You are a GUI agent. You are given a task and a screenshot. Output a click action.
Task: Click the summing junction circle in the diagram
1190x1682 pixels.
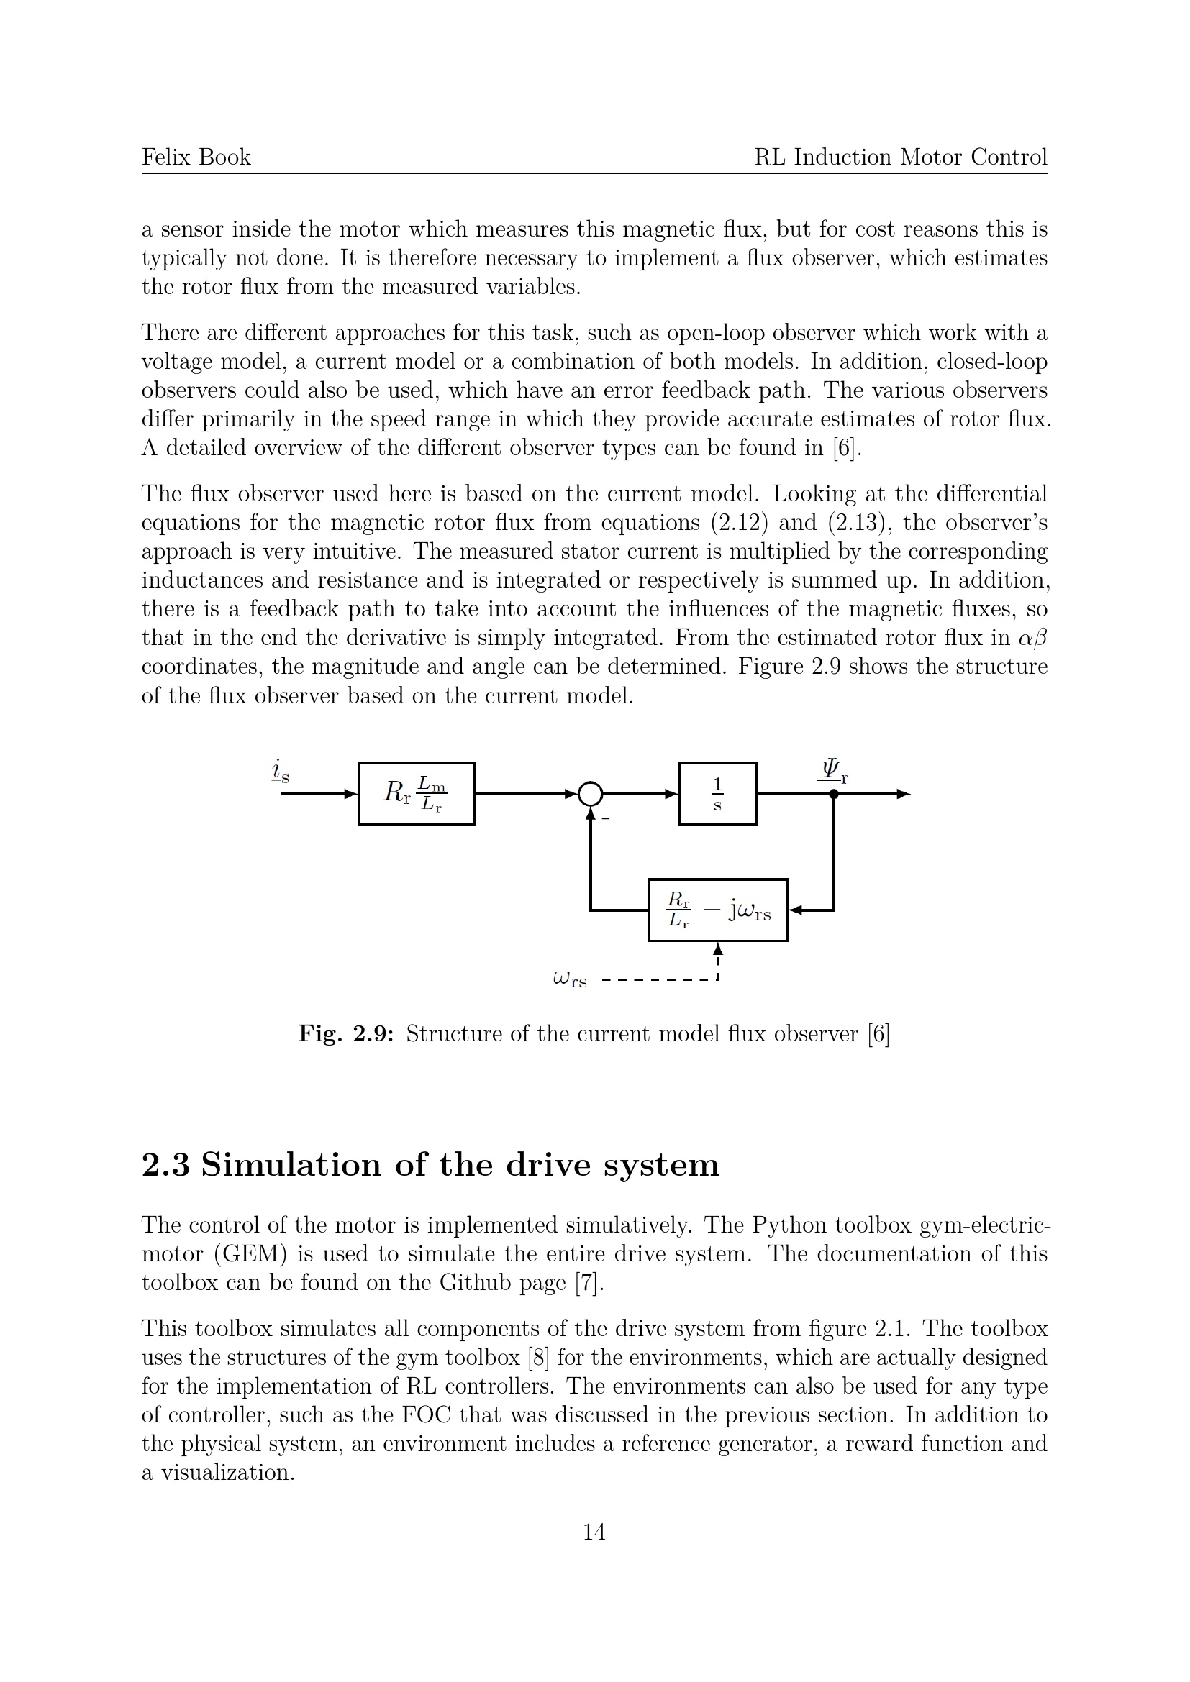[591, 793]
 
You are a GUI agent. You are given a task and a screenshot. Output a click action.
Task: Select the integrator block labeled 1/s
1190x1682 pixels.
[717, 794]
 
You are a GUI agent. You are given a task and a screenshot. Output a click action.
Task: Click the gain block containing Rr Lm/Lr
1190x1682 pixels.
[416, 794]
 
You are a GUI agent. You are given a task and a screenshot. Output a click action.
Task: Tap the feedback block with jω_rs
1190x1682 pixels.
[718, 910]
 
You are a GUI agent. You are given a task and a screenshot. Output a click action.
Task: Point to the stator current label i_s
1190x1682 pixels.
[280, 772]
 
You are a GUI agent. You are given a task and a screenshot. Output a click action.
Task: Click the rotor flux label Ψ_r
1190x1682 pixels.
[833, 772]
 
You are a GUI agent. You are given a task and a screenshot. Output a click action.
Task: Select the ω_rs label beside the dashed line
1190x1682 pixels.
[570, 979]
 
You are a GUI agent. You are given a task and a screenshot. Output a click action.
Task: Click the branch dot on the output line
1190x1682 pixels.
[833, 794]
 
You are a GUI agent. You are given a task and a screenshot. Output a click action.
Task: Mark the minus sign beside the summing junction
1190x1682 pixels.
[605, 818]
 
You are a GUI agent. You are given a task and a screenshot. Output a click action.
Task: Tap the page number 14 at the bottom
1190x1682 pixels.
[594, 1532]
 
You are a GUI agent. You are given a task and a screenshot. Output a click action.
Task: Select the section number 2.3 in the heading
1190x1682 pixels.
[165, 1166]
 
